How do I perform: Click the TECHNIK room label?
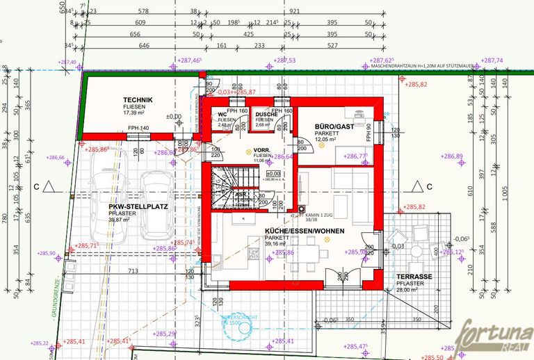(138, 100)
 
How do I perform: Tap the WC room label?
(222, 115)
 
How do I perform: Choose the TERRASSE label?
(414, 276)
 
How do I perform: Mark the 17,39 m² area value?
(134, 113)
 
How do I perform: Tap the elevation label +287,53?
(285, 60)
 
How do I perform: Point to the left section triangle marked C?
(47, 186)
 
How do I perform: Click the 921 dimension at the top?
(294, 11)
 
